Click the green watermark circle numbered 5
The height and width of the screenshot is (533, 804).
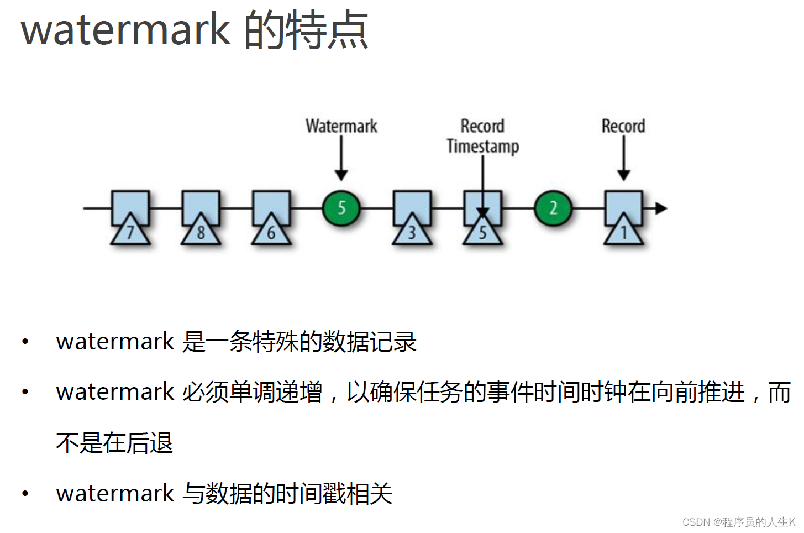click(x=341, y=208)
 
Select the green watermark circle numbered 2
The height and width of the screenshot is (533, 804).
click(x=553, y=208)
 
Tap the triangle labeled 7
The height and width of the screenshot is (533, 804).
click(x=130, y=231)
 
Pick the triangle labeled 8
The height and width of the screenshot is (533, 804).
click(x=201, y=231)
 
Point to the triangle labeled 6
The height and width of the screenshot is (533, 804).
click(x=271, y=231)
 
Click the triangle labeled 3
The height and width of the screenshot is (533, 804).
click(x=412, y=231)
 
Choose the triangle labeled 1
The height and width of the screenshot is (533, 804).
click(x=623, y=231)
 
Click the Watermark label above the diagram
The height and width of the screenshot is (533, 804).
click(x=341, y=126)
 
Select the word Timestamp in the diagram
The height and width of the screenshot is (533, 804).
click(x=482, y=146)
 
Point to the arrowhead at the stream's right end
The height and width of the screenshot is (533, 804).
click(x=660, y=208)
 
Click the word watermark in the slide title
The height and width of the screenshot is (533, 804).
click(x=125, y=30)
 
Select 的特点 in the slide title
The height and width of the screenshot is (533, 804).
click(x=306, y=30)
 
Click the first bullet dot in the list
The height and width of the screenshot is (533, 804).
click(x=25, y=342)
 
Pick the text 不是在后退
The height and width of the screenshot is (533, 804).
click(x=114, y=443)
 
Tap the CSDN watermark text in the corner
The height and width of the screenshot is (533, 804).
click(x=738, y=522)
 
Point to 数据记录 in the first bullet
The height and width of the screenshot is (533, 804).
click(x=369, y=342)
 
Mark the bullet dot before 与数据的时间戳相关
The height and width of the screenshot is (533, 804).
click(x=25, y=494)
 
